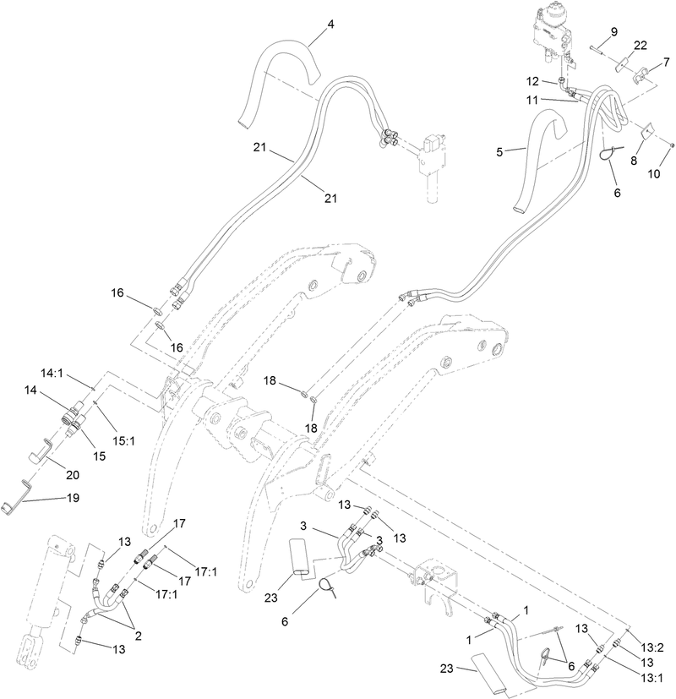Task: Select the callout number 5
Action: (x=499, y=152)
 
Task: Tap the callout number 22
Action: (x=641, y=44)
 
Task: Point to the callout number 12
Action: (x=532, y=81)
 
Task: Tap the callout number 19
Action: (x=72, y=498)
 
